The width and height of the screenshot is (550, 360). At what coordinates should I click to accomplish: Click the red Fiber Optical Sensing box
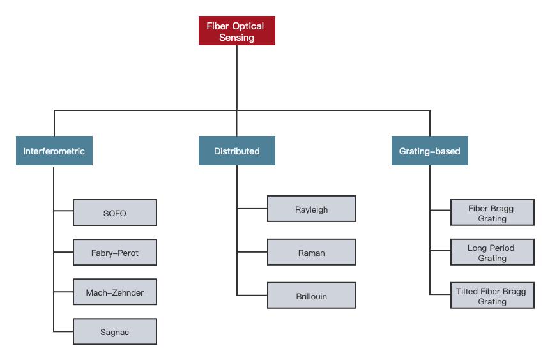(236, 31)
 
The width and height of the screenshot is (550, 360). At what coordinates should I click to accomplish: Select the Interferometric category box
(54, 151)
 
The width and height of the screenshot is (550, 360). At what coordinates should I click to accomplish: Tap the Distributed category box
(236, 151)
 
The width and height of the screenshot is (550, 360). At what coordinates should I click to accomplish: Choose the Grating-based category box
(429, 151)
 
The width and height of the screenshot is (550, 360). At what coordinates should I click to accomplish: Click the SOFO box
(115, 213)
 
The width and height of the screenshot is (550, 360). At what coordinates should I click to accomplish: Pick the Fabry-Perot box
(115, 253)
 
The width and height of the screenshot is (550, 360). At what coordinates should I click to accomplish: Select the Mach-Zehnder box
(115, 292)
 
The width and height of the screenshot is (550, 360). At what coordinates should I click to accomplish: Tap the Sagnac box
(115, 332)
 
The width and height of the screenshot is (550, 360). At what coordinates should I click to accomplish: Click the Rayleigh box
(312, 209)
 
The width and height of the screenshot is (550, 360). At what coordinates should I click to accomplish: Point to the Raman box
(312, 253)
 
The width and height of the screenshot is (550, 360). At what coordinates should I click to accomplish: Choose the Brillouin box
(312, 296)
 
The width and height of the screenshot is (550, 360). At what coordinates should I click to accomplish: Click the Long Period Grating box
(492, 253)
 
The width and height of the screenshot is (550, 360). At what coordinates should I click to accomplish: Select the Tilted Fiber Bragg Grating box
(492, 296)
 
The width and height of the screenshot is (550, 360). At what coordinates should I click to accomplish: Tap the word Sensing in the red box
(236, 38)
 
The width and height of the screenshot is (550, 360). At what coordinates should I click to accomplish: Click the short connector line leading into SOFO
(64, 209)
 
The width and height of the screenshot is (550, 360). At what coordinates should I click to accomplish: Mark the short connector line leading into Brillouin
(252, 295)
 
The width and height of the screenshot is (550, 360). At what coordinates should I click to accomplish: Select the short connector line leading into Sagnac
(64, 331)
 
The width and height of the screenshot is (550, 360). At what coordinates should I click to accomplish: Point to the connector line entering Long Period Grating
(440, 251)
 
